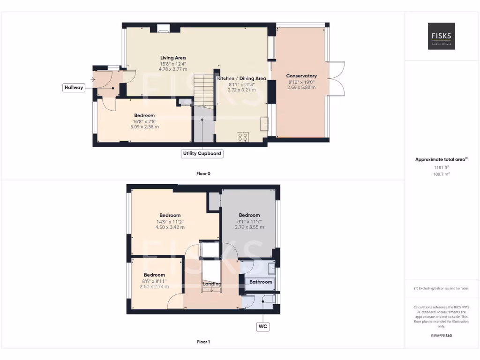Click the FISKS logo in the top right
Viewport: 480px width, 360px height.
[x=441, y=37]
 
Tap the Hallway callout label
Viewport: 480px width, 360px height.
[x=74, y=88]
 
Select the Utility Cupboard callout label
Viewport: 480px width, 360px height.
[x=202, y=153]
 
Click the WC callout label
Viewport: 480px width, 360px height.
[x=262, y=326]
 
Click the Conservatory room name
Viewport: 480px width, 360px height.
[x=301, y=76]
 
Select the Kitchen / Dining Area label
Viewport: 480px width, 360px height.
[x=241, y=79]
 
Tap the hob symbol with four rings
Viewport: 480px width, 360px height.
[x=243, y=137]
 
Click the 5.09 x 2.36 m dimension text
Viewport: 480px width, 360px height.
[x=144, y=126]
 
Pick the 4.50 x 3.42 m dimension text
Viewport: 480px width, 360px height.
[x=170, y=227]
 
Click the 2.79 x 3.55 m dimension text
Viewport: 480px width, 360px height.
[x=249, y=227]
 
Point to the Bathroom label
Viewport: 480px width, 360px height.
[x=260, y=282]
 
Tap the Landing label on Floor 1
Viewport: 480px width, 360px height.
[x=211, y=284]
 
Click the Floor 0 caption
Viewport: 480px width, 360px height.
[x=203, y=173]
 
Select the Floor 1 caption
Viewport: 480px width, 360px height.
[x=203, y=342]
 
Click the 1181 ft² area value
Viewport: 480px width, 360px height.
[x=441, y=167]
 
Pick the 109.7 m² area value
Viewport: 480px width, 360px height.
[x=441, y=174]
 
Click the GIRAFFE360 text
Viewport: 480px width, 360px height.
[x=441, y=336]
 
